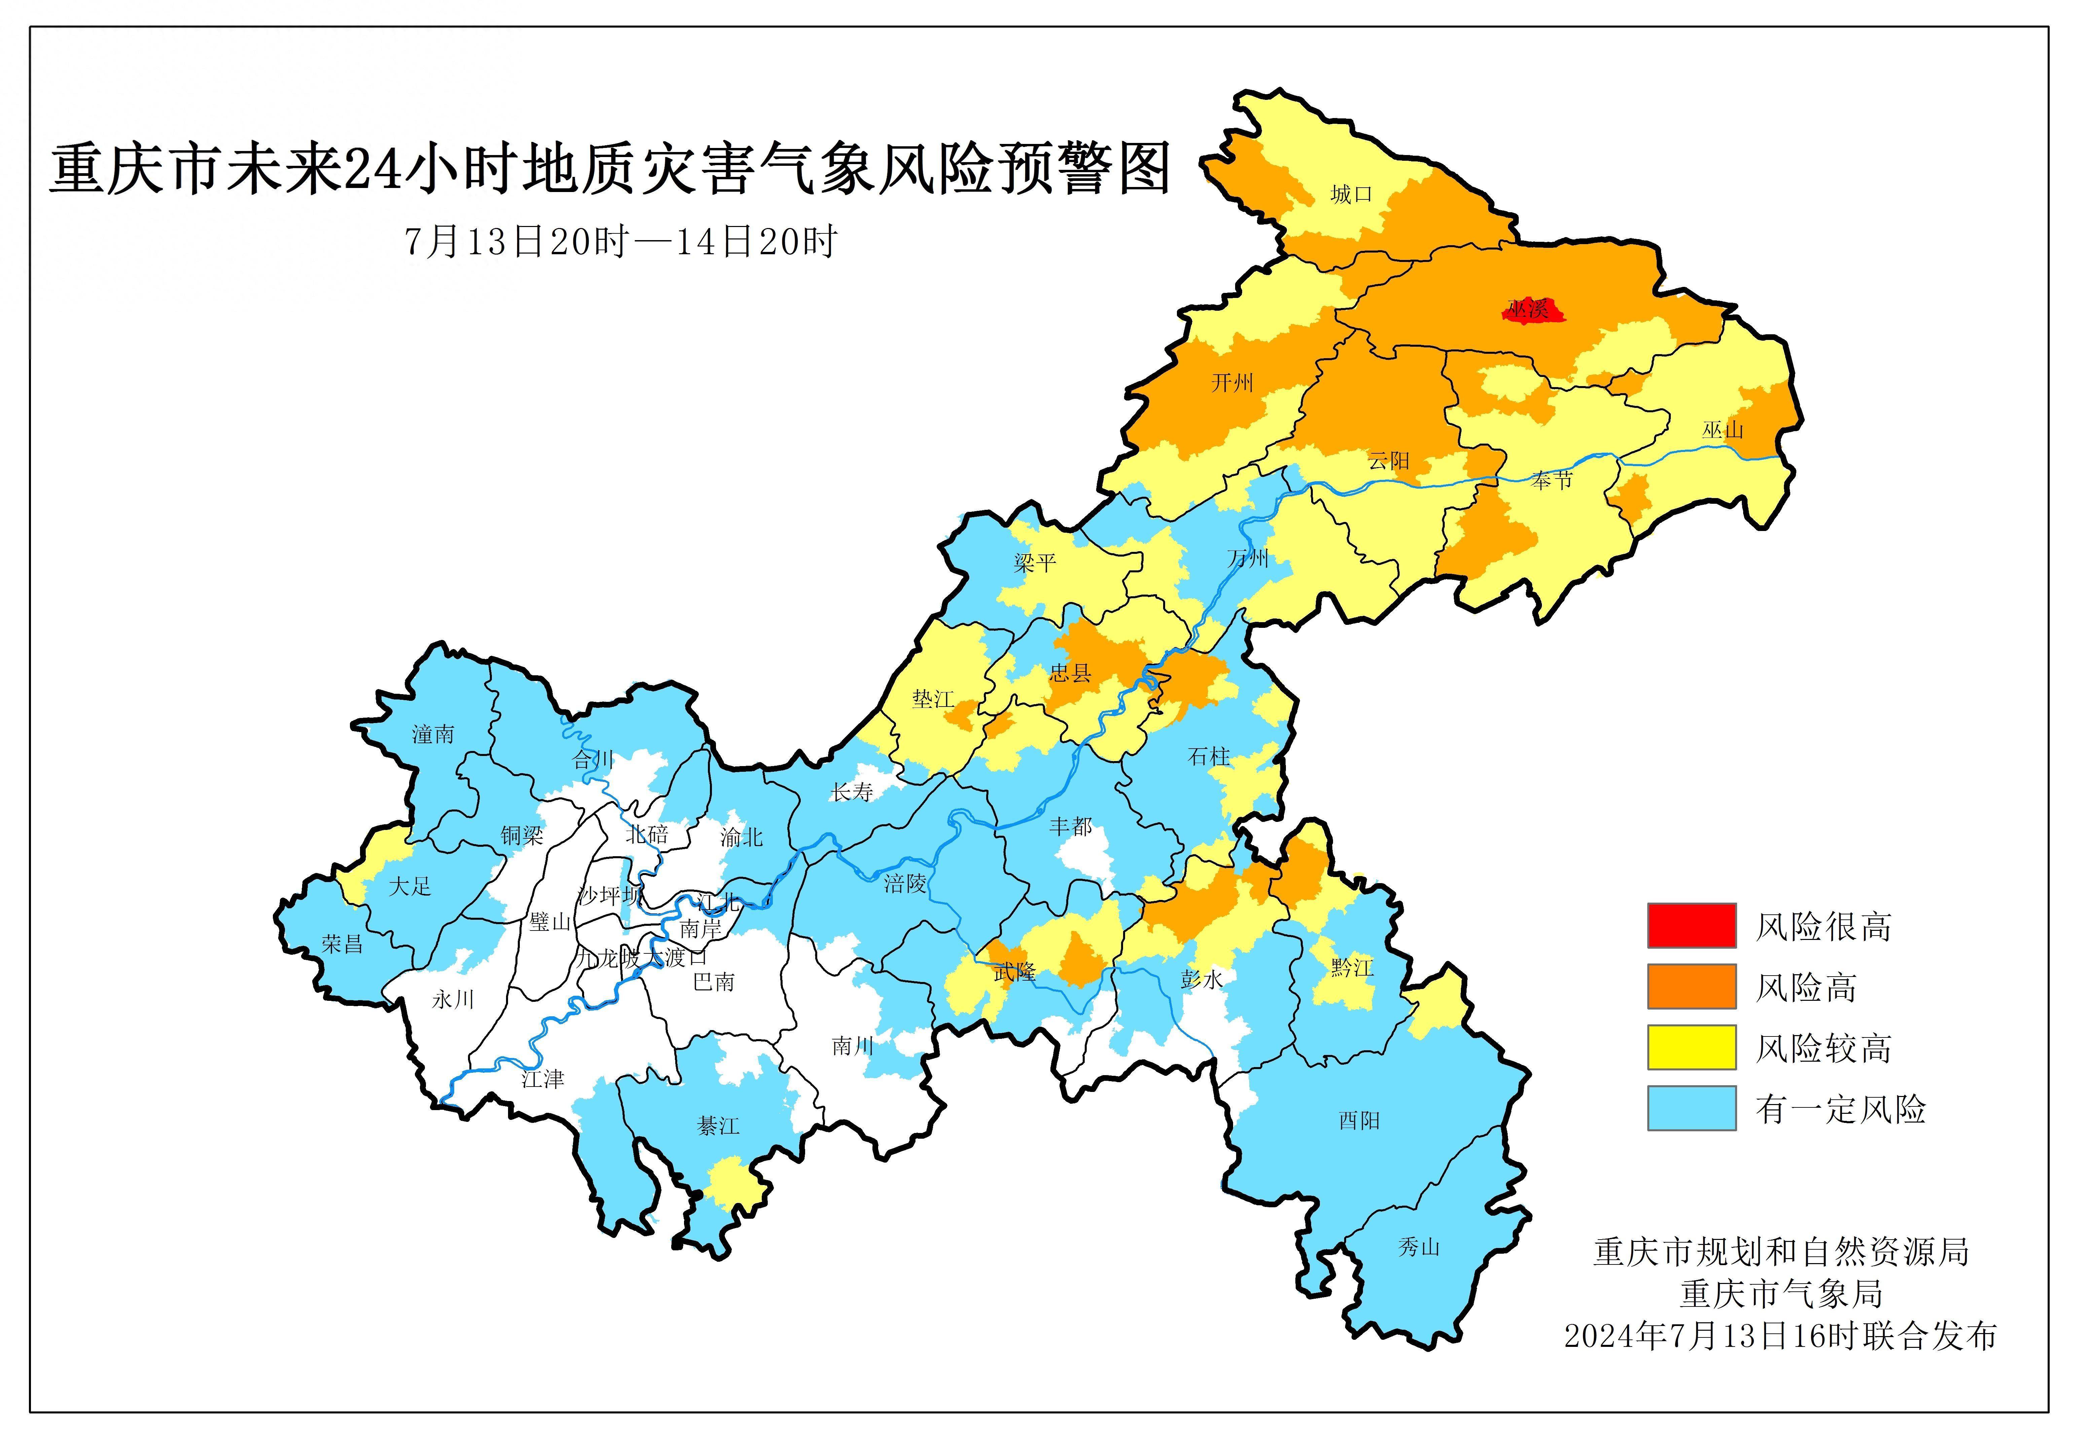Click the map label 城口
coord(1350,194)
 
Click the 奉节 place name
coord(1551,481)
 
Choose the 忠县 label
coord(1071,673)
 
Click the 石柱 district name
coord(1209,756)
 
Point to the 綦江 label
coord(718,1126)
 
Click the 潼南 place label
coord(433,735)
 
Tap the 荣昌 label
coord(343,944)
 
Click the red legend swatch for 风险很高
coord(1691,926)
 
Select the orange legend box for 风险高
coord(1691,986)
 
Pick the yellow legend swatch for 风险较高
coord(1691,1047)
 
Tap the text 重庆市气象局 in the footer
coord(1781,1294)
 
